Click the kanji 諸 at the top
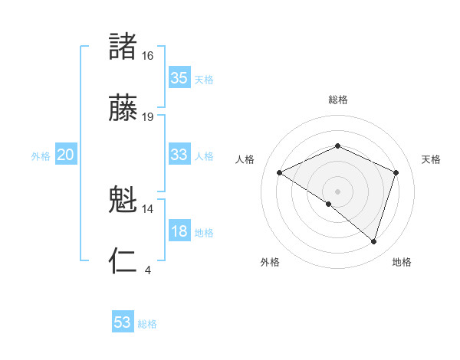(x=123, y=47)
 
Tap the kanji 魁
(x=123, y=201)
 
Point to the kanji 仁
(x=123, y=260)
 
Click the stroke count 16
(x=148, y=56)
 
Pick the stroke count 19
(x=148, y=117)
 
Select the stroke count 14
(x=148, y=208)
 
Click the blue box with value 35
(x=179, y=78)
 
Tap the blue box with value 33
(x=179, y=155)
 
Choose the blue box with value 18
(x=179, y=231)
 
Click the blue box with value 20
(x=65, y=155)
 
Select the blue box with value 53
(x=123, y=322)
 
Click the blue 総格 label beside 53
(x=147, y=324)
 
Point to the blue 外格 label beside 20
(x=41, y=156)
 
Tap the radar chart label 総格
(x=338, y=100)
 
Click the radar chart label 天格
(x=431, y=159)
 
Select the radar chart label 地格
(x=402, y=263)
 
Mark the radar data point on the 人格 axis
(x=280, y=173)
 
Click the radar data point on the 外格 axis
(x=329, y=205)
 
